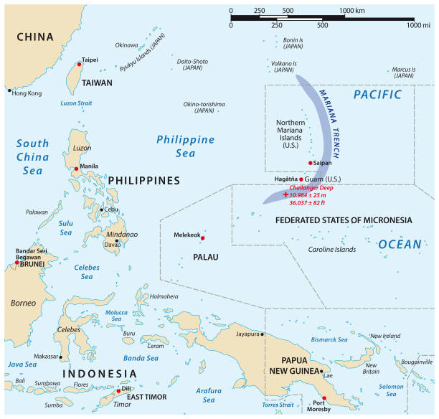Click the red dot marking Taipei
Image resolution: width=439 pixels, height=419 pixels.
[x=80, y=65]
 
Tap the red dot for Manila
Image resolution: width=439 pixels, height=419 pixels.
[x=77, y=169]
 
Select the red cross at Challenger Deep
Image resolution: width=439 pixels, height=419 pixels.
[x=285, y=194]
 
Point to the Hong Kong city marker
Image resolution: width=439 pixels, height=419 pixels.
[x=9, y=90]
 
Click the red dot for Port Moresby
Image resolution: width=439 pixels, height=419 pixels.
[x=324, y=398]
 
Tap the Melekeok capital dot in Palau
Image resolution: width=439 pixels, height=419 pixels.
[x=203, y=238]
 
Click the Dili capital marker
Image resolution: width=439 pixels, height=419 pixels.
[x=118, y=392]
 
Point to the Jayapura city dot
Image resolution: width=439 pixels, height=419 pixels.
[x=263, y=334]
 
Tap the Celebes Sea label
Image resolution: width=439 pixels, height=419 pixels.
[x=88, y=271]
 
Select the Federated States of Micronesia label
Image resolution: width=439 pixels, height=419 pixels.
[x=344, y=220]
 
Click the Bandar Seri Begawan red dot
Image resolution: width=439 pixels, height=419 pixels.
[x=16, y=263]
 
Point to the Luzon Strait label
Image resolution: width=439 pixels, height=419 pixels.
[x=77, y=103]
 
